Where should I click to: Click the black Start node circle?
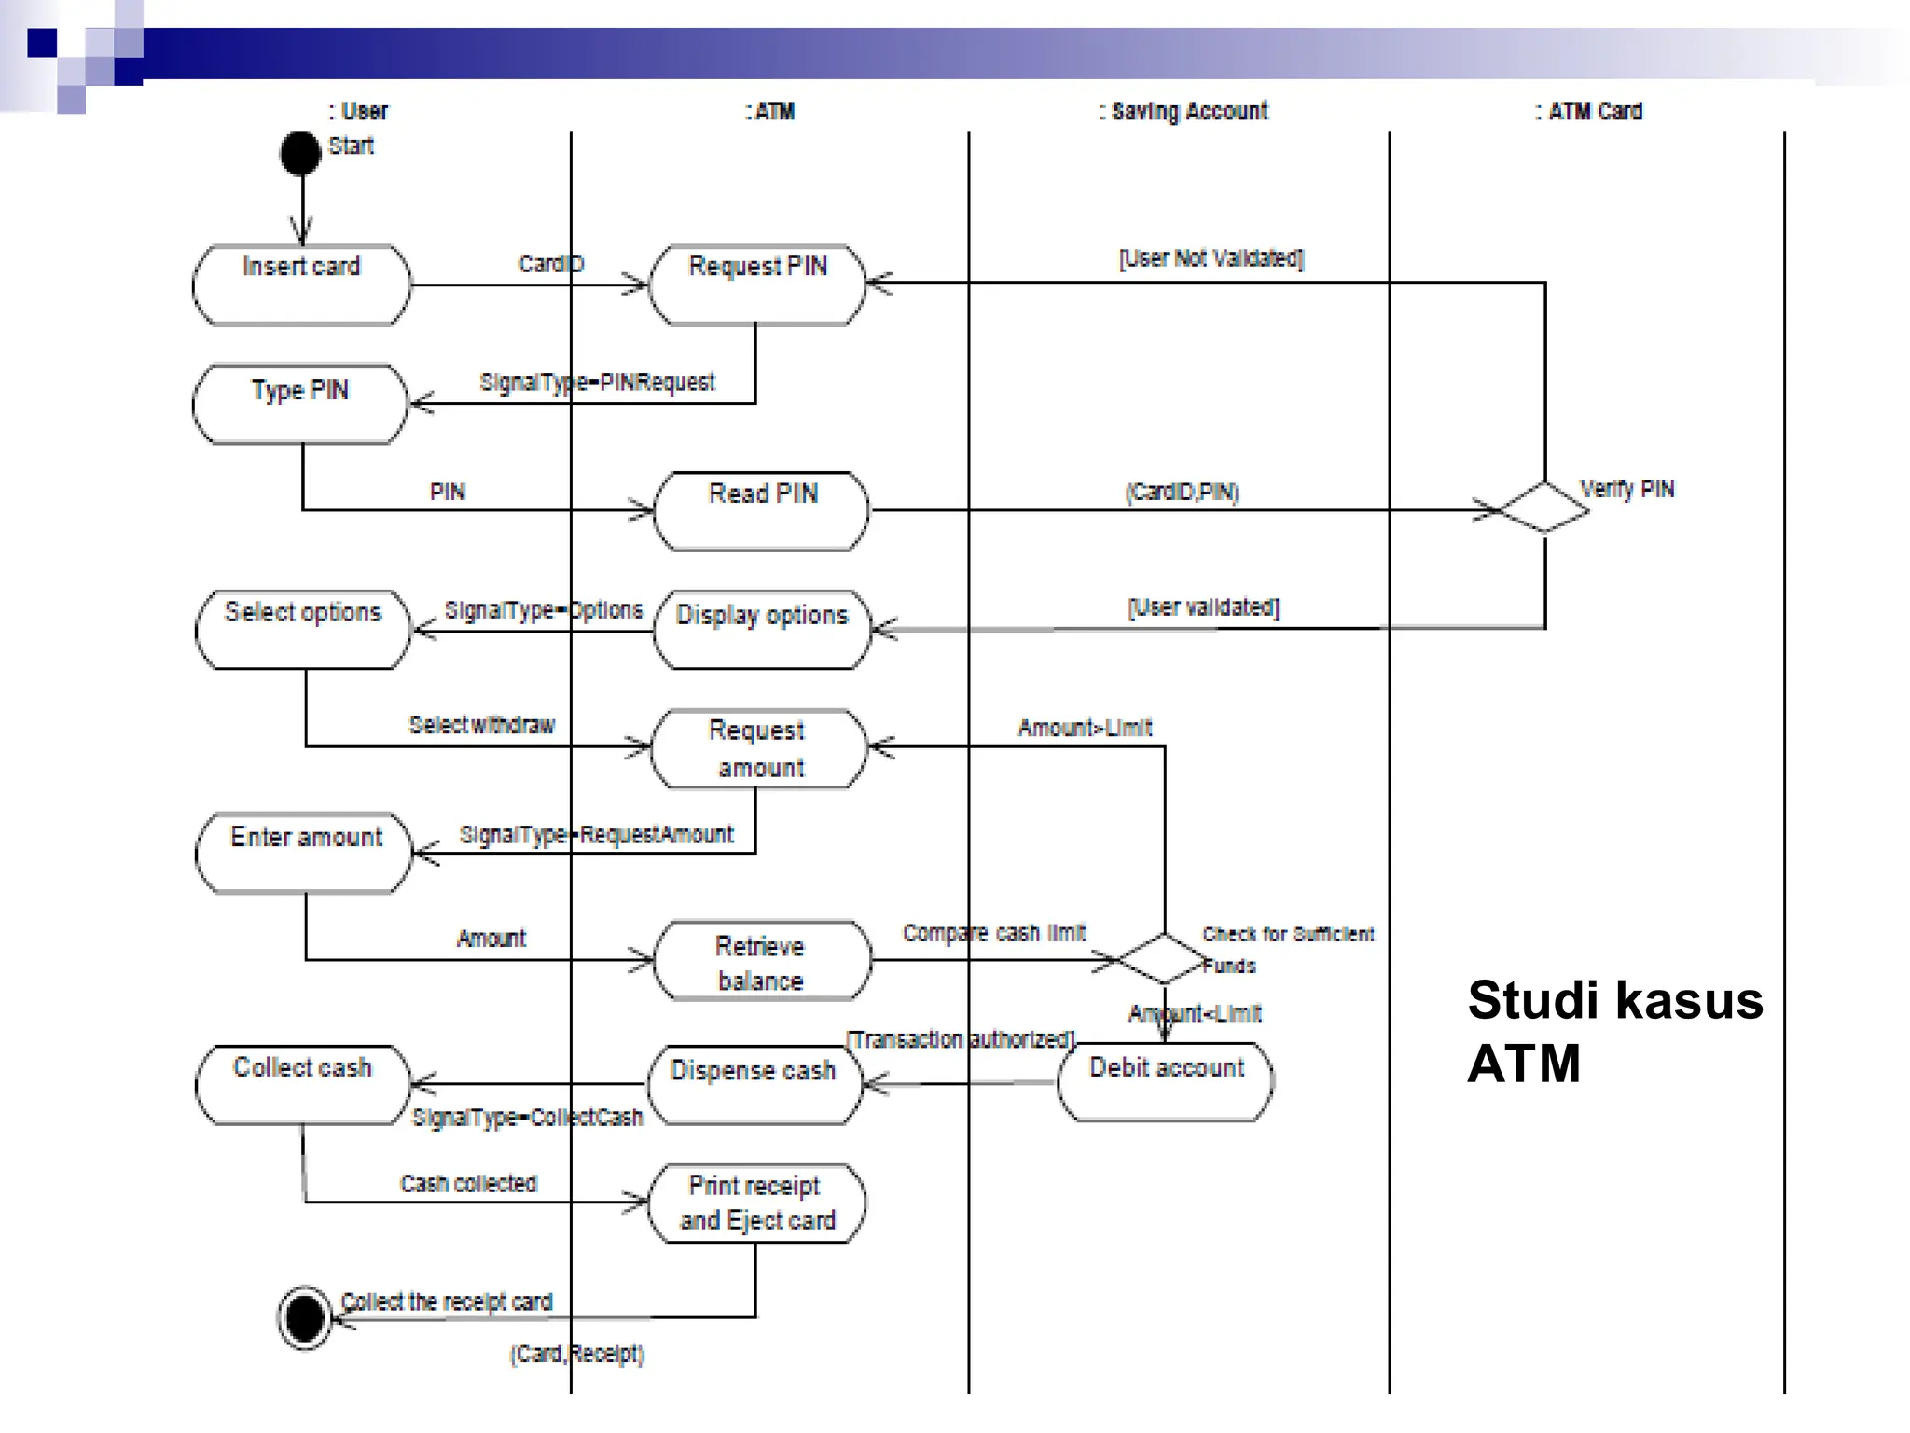(300, 153)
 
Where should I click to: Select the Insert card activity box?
(301, 285)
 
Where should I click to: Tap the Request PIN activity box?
(757, 285)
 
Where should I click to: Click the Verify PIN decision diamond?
(1544, 508)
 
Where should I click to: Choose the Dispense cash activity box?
(754, 1084)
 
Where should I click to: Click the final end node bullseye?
(305, 1318)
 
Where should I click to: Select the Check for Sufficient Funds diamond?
(1164, 958)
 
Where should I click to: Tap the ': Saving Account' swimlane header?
(1183, 111)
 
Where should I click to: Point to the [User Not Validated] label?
(1211, 258)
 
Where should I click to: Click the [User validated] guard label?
(1203, 607)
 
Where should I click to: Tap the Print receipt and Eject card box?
(757, 1203)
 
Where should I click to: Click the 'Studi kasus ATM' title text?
(1613, 1031)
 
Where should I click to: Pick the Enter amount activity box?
(305, 853)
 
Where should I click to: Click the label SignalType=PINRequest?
(597, 383)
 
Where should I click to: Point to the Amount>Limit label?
(1085, 728)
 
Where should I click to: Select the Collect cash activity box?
(303, 1084)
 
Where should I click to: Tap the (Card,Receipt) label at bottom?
(576, 1354)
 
